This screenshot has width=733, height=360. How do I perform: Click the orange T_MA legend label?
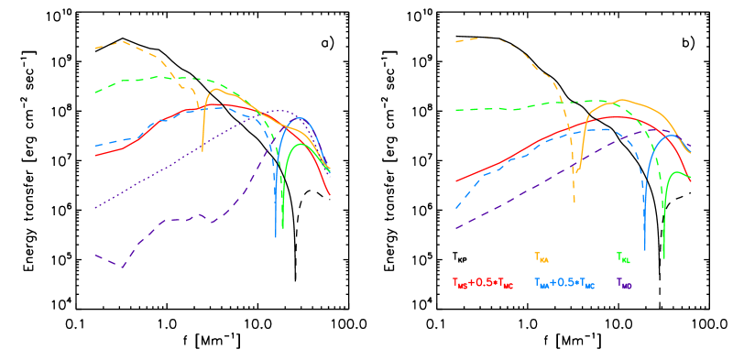coord(542,258)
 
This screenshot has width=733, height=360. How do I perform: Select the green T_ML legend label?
coord(624,258)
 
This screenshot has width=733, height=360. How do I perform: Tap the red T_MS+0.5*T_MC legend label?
coord(483,283)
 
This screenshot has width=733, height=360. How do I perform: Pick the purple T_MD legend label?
coord(624,284)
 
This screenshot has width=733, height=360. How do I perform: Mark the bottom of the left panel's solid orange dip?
coord(202,149)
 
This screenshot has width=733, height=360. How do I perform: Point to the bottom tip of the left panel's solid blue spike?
coord(276,237)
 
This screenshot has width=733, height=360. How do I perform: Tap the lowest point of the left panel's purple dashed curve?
coord(121,267)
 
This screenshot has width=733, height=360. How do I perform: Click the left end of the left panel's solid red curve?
coord(95,155)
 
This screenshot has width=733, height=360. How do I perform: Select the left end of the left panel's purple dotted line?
coord(95,207)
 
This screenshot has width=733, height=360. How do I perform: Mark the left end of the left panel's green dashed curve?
coord(95,93)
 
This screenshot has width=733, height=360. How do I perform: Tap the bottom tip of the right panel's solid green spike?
coord(664,258)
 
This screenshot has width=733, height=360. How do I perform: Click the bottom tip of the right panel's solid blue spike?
coord(645,249)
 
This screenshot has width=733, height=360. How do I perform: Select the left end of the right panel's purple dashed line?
coord(456,228)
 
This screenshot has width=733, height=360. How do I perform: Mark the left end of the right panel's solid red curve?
coord(456,181)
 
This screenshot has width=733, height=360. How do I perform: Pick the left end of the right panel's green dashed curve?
coord(456,110)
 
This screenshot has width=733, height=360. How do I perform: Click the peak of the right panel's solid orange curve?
coord(622,100)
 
